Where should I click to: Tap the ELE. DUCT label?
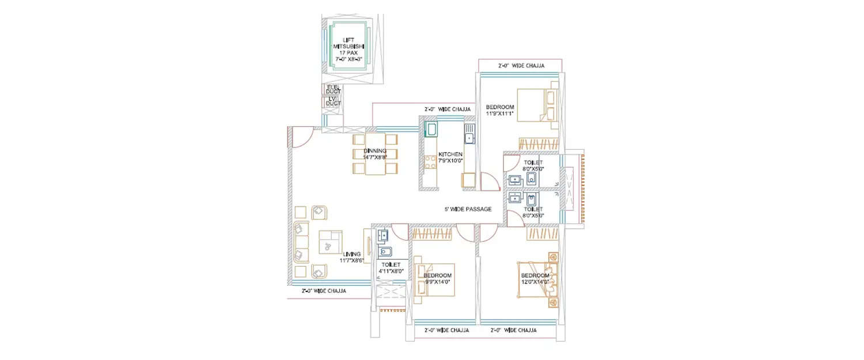coord(333,89)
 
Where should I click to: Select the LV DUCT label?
coord(333,101)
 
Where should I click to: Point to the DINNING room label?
coord(375,151)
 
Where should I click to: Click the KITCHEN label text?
coord(450,154)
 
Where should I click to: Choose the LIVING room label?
coord(351,254)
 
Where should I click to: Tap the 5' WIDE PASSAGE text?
coord(468,209)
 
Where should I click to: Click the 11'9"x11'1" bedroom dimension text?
coord(499,113)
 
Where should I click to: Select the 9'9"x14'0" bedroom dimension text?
coord(438,282)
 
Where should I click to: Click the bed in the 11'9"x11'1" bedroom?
coord(536,105)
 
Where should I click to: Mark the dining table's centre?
coord(375,154)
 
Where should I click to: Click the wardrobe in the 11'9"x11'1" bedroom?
coord(539,144)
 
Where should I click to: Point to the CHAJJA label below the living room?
coord(324,291)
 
